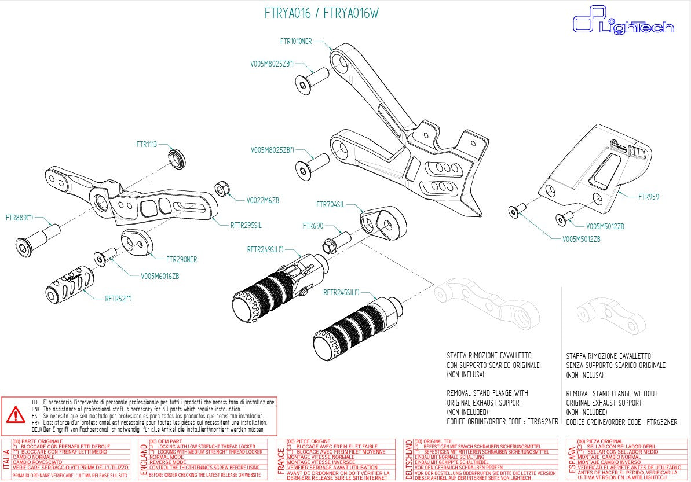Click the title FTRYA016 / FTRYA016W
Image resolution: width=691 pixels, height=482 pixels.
[x=321, y=13]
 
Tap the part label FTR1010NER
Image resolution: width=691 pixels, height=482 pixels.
[x=296, y=41]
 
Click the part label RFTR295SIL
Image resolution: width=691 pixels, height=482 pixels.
[x=246, y=225]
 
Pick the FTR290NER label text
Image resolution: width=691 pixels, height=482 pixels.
[x=181, y=259]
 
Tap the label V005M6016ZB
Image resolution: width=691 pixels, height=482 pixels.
[x=160, y=276]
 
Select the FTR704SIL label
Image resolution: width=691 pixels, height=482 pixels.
[x=330, y=204]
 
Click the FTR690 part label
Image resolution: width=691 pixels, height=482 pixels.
[x=313, y=226]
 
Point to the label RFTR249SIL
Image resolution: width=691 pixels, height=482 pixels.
[x=265, y=249]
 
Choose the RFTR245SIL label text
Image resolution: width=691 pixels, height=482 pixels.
[x=341, y=292]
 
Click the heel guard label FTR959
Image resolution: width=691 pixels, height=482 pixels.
[x=649, y=197]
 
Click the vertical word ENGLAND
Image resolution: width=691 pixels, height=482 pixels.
[x=143, y=460]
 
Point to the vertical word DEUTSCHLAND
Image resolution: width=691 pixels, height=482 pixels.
[x=409, y=459]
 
